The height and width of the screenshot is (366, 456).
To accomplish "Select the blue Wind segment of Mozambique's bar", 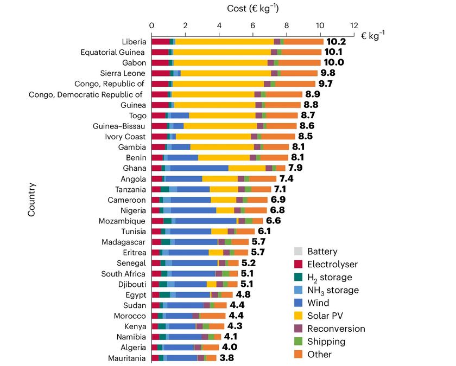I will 206,221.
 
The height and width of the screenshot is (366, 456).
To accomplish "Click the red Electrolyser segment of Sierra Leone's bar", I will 161,73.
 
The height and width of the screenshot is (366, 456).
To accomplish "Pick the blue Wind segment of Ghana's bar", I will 199,168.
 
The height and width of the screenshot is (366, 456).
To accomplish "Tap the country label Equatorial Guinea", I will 112,52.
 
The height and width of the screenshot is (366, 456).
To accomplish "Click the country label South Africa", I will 123,274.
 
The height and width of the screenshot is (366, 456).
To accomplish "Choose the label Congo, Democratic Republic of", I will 86,94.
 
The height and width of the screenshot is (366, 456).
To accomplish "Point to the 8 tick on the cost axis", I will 287,25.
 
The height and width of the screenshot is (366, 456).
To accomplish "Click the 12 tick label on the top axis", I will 354,25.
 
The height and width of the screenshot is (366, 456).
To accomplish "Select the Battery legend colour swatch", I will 297,252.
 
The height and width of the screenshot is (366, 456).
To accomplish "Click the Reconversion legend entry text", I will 336,329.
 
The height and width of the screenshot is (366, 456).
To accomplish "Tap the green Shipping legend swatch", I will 297,342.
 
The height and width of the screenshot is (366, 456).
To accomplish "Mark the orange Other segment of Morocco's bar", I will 212,316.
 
